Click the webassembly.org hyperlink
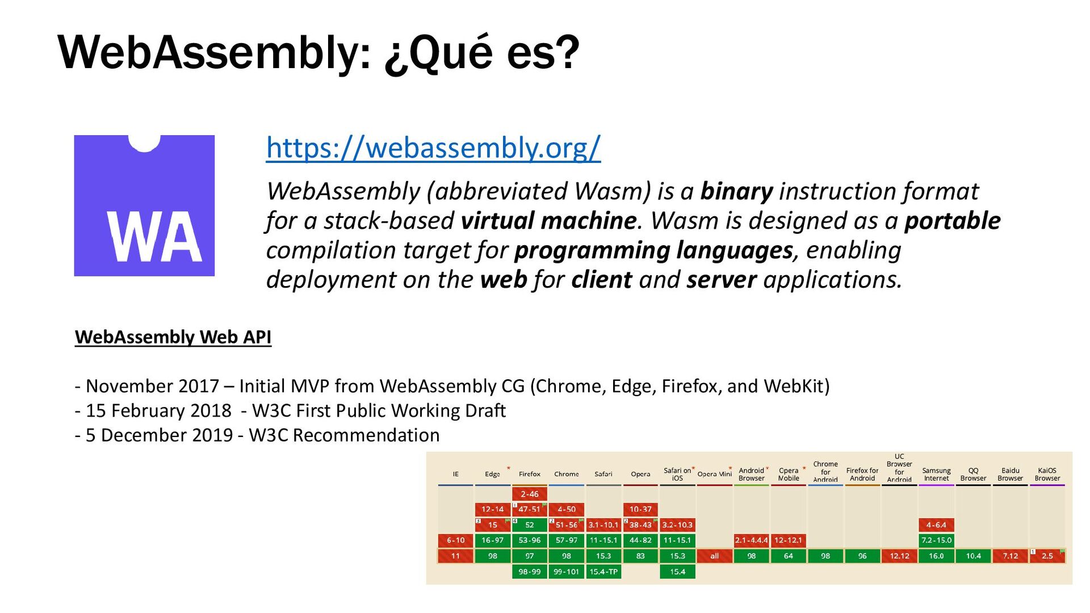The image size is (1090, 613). click(x=433, y=148)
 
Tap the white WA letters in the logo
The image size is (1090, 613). click(x=154, y=237)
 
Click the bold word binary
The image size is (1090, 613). click(x=736, y=191)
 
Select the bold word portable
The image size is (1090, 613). click(x=952, y=221)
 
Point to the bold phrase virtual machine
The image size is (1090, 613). click(x=548, y=221)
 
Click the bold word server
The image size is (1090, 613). click(x=721, y=280)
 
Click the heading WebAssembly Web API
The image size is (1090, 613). click(x=173, y=337)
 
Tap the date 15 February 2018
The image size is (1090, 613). click(x=158, y=410)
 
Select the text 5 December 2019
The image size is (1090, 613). click(x=159, y=435)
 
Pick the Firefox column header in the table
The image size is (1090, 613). click(x=529, y=474)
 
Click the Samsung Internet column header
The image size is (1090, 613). click(x=936, y=474)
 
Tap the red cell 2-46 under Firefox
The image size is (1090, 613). click(x=529, y=494)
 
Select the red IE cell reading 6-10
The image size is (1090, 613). click(x=455, y=540)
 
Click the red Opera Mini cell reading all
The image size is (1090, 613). click(x=714, y=556)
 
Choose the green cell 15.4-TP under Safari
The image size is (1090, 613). click(x=603, y=572)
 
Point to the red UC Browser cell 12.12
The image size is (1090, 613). click(x=899, y=556)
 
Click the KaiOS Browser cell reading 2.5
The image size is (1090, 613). click(x=1047, y=556)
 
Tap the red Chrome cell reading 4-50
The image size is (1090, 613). click(x=566, y=510)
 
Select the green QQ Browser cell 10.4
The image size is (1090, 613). click(x=973, y=556)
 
